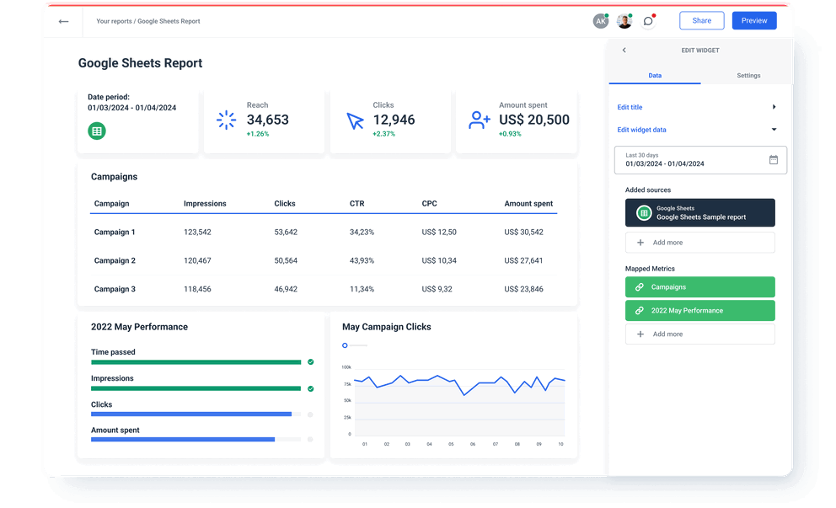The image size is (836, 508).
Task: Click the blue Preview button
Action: (753, 21)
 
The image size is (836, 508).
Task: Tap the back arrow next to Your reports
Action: (63, 21)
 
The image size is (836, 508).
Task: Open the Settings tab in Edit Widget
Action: (748, 76)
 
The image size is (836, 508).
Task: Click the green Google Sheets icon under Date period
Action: (97, 131)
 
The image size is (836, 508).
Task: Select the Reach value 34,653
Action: (268, 120)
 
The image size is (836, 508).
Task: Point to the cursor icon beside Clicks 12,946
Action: (355, 120)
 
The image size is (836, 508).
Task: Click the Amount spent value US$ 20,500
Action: (534, 120)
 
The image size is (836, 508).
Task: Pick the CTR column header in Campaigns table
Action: (356, 204)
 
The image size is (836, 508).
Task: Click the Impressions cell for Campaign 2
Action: (197, 260)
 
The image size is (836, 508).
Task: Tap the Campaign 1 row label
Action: (115, 232)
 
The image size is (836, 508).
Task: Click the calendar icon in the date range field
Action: (774, 159)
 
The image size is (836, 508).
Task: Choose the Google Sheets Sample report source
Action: (699, 213)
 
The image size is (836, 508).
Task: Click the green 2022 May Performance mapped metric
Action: (699, 310)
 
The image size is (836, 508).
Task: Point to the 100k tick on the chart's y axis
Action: (346, 367)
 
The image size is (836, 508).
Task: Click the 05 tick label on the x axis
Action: (451, 444)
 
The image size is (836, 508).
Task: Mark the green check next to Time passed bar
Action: (310, 362)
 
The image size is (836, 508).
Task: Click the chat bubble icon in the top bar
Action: (647, 21)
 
